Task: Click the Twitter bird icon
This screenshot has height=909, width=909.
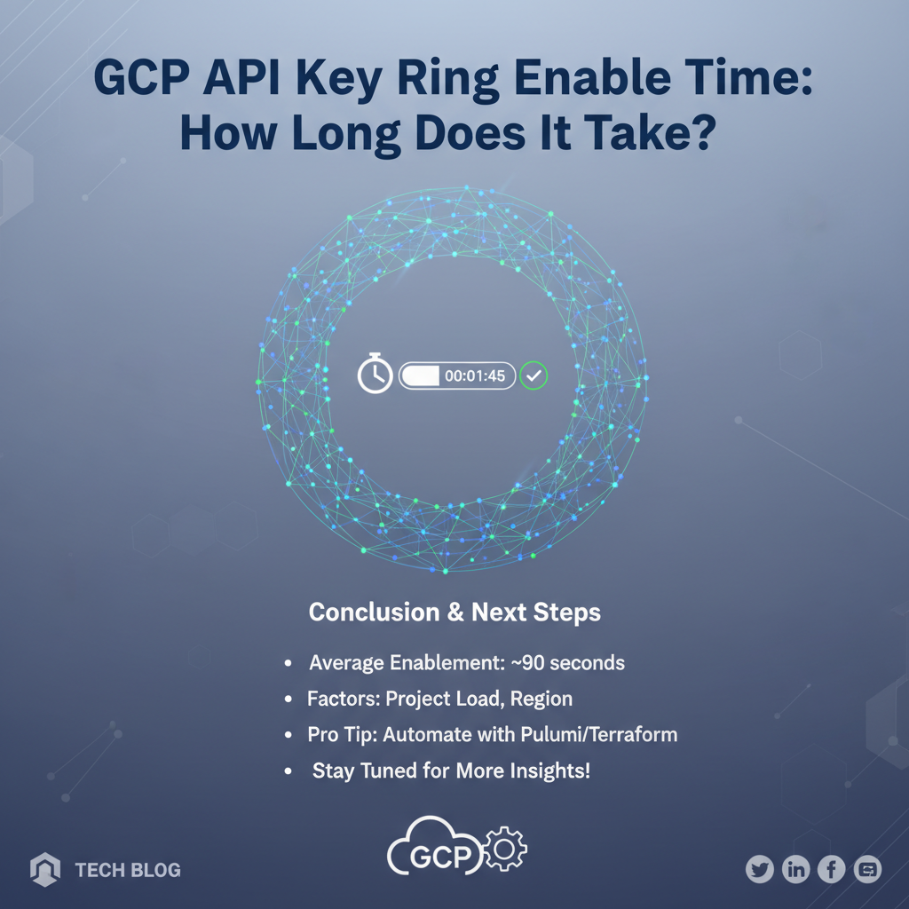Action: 760,869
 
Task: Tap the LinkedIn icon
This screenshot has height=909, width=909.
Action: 796,869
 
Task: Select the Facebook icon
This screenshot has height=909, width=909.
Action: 832,869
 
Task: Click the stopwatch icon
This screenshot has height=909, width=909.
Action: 375,374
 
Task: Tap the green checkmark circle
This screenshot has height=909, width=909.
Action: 534,375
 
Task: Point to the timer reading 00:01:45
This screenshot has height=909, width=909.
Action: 475,376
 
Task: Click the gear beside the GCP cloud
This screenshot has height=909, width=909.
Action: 505,849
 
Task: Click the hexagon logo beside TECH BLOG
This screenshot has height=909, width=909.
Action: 45,869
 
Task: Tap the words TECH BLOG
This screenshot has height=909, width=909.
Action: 128,870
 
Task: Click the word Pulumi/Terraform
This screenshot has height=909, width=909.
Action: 599,734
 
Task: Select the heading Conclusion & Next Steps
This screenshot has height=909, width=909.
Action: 454,613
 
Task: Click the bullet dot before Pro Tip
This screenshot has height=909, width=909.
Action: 289,735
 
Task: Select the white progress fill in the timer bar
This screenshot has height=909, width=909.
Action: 421,376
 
